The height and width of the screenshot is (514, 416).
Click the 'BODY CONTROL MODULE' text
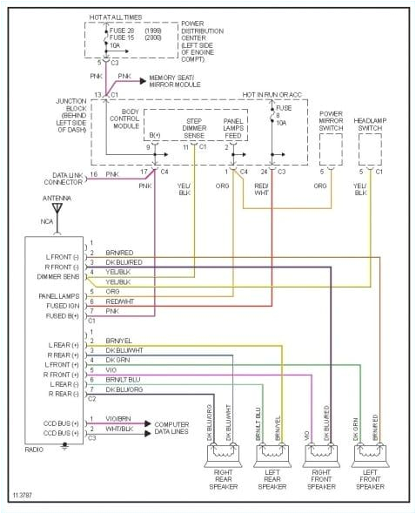coord(124,119)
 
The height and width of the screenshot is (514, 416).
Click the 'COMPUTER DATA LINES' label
coord(178,428)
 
